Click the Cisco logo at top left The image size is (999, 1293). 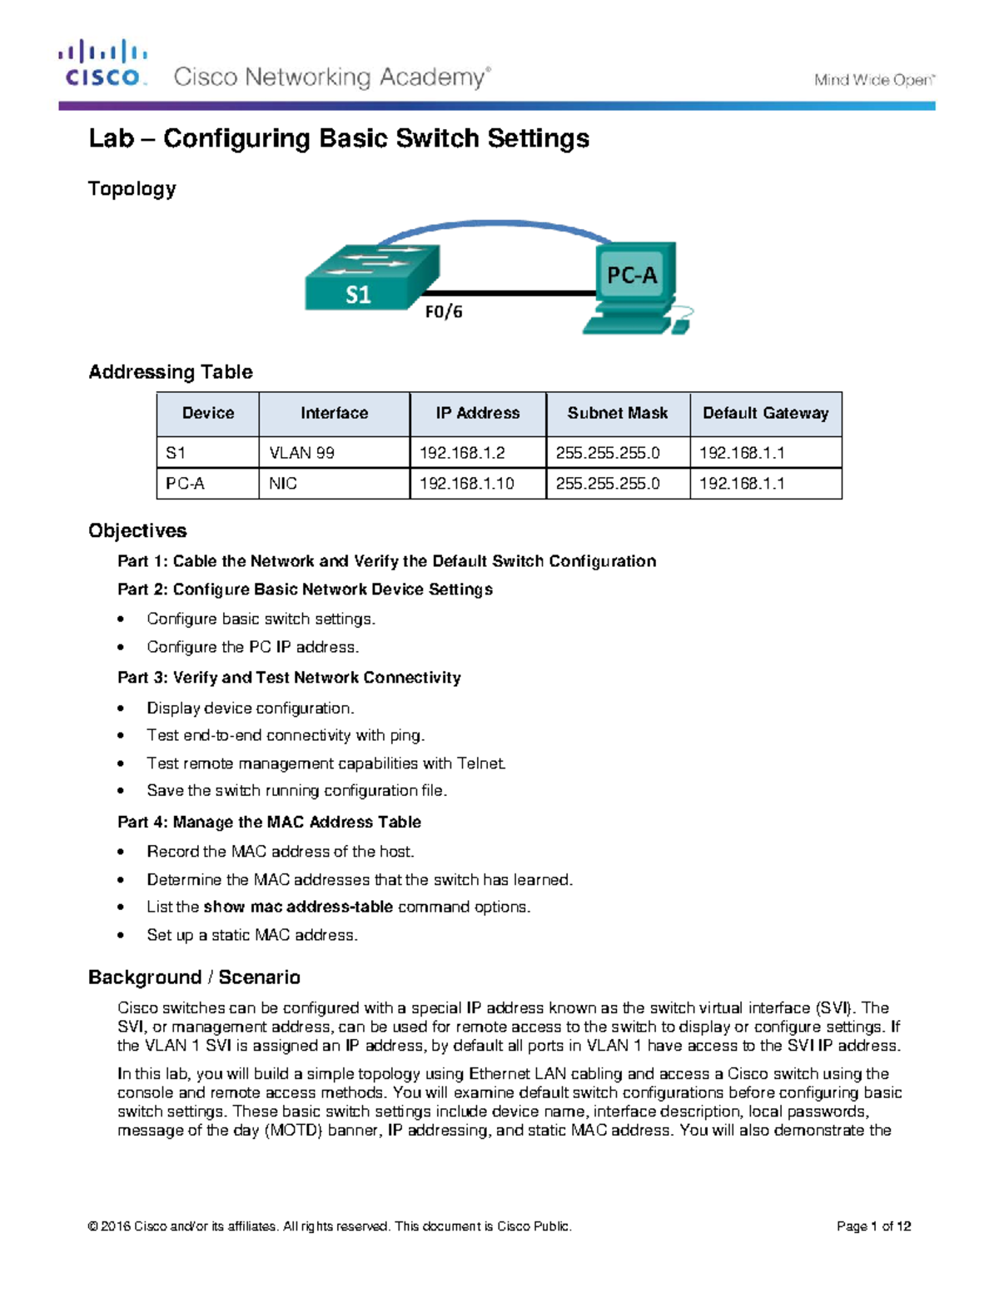tap(102, 64)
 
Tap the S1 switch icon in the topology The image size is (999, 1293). tap(371, 278)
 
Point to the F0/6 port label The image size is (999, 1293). tap(444, 312)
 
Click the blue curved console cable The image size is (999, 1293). tap(491, 224)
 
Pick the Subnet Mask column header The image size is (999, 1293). tap(617, 413)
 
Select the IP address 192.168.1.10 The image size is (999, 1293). tap(466, 484)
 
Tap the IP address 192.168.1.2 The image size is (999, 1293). tap(462, 453)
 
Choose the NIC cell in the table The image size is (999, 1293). tap(283, 484)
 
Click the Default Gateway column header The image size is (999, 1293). tap(765, 413)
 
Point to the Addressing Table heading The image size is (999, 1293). tap(171, 372)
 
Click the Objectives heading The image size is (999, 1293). tap(137, 531)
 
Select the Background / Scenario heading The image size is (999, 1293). tap(194, 977)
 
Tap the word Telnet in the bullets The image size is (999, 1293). tap(481, 763)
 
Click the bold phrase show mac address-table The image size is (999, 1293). tap(298, 907)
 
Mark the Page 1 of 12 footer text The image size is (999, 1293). tap(873, 1226)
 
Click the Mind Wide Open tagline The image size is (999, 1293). tap(874, 80)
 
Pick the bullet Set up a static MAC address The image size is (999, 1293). tap(252, 935)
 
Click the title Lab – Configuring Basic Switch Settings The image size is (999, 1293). tap(339, 138)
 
